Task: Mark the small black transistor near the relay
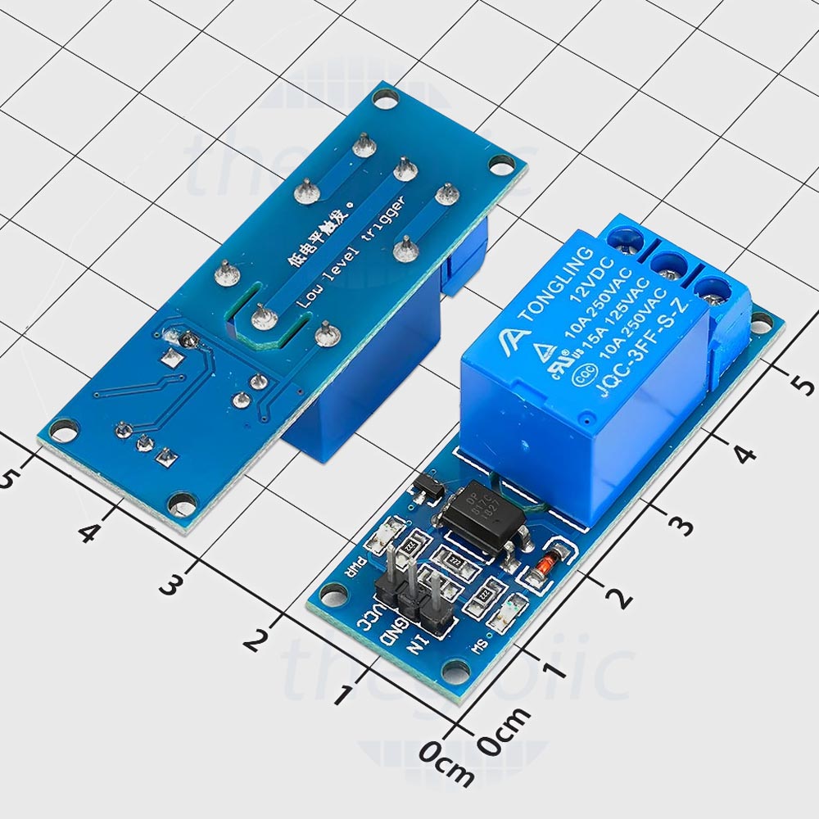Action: click(428, 488)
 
